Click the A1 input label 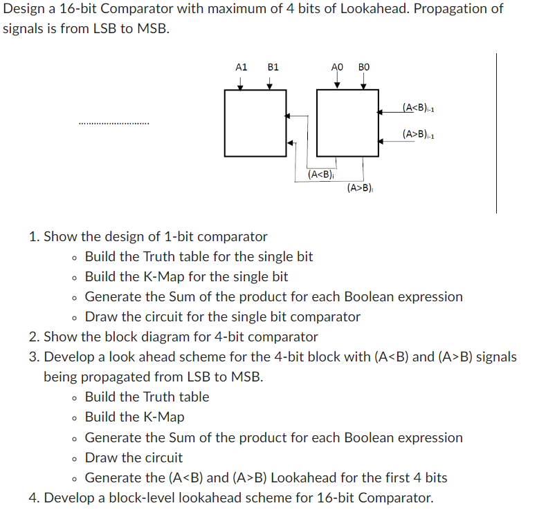tap(241, 67)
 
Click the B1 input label tap(273, 67)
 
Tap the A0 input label tap(337, 67)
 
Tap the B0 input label tap(364, 67)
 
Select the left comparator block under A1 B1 tap(255, 122)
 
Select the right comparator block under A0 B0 tap(347, 122)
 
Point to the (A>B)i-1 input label tap(417, 134)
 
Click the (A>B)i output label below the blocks tap(360, 187)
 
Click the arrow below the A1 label tap(240, 82)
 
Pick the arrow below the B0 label tap(363, 82)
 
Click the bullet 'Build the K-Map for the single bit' tap(186, 276)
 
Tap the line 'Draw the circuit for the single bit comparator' tap(222, 317)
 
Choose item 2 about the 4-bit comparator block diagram tap(180, 337)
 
